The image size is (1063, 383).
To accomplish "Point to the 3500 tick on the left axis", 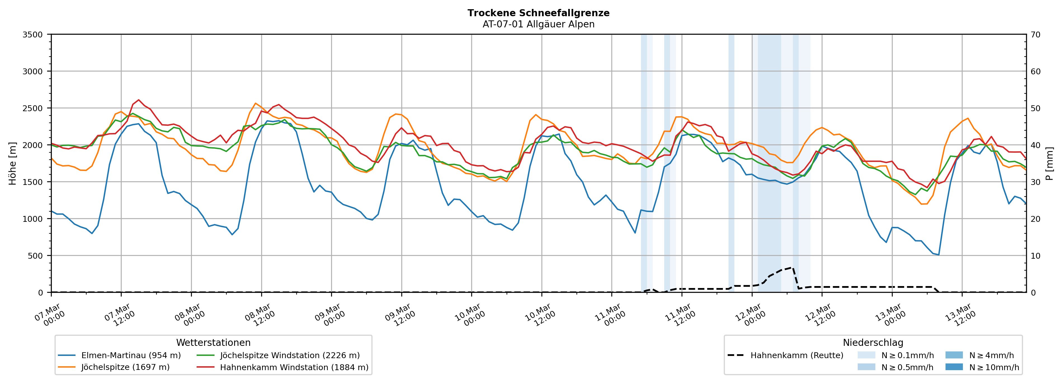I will click(x=33, y=35).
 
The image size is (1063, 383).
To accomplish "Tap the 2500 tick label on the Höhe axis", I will click(x=33, y=108).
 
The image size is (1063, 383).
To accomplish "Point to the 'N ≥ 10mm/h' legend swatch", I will click(x=954, y=367).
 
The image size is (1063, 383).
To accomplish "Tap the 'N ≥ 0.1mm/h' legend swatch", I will click(x=866, y=355).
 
